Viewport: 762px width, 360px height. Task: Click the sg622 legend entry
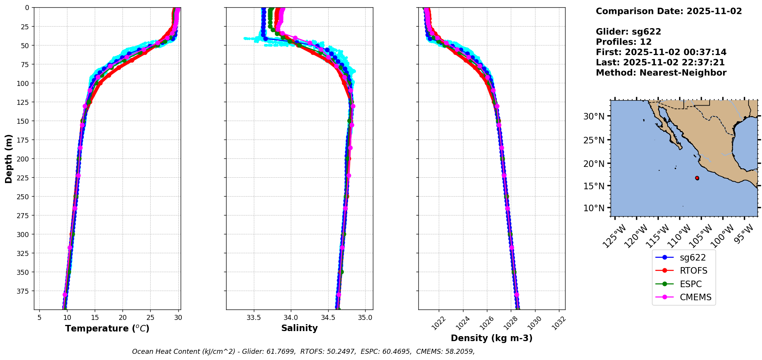point(693,258)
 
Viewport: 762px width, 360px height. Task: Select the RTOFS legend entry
point(693,271)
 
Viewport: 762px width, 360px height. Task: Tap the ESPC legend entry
point(690,284)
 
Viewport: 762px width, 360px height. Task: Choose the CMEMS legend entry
point(695,298)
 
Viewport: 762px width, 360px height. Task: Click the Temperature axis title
point(107,329)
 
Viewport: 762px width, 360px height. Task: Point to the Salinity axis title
point(299,328)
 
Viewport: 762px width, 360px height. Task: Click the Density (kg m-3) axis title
point(492,338)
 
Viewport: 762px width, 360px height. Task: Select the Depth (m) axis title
point(9,158)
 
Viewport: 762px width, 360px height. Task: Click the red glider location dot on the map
point(697,178)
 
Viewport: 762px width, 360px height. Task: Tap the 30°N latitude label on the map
point(594,116)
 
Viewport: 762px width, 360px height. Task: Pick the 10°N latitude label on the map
point(594,208)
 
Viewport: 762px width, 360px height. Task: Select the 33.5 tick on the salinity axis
point(253,318)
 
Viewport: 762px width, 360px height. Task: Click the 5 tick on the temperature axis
point(39,318)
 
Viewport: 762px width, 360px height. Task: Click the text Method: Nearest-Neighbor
point(661,73)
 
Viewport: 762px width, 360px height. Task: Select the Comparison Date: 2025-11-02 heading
point(669,11)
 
